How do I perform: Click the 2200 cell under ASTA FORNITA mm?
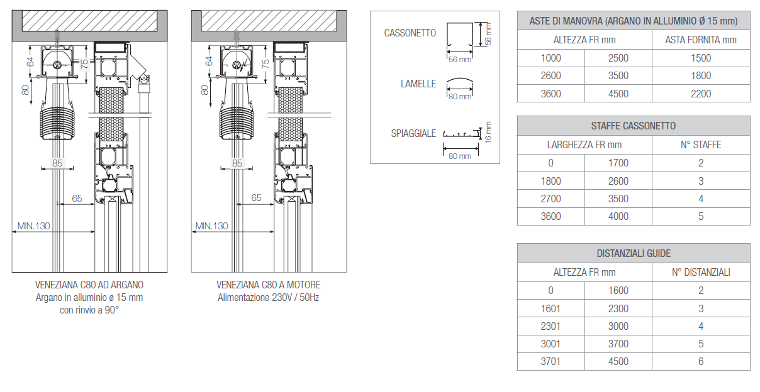coord(701,94)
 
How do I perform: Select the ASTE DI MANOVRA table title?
coord(634,21)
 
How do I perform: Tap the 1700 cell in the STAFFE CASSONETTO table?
coord(618,163)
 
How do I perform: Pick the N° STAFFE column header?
coord(701,144)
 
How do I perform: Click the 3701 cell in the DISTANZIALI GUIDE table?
coord(550,361)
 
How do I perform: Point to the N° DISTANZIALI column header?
coord(701,272)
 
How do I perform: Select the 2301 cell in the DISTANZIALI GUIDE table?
coord(550,326)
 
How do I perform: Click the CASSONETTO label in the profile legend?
coord(410,33)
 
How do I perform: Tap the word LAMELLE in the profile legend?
coord(418,84)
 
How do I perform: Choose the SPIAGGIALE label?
coord(413,133)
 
